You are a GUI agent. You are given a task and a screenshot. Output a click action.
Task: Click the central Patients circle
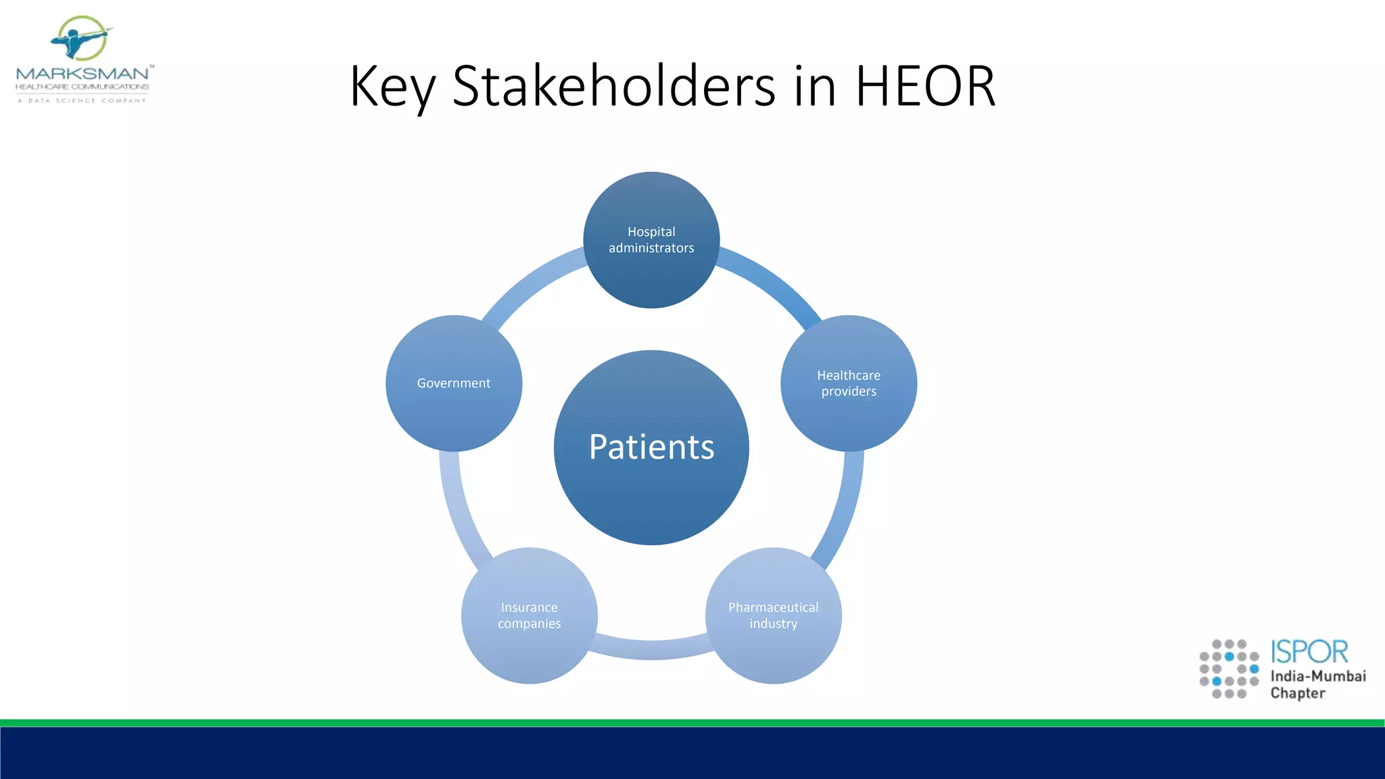651,448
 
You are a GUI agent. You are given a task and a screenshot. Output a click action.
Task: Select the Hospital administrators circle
651,240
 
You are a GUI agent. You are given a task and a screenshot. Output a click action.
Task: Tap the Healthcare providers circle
849,383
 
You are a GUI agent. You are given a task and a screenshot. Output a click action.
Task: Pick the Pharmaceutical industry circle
773,615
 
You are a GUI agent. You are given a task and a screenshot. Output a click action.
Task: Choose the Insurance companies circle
530,615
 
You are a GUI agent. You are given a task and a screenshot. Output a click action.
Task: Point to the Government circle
454,383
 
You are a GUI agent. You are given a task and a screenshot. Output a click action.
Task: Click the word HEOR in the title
925,86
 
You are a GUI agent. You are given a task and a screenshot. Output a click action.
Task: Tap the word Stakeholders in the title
613,86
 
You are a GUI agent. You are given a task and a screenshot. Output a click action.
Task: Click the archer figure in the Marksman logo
80,39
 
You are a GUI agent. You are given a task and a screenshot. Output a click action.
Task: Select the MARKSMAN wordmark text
83,73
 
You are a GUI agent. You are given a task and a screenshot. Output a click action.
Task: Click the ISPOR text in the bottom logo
1309,652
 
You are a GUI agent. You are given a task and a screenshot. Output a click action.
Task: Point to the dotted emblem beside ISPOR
1229,669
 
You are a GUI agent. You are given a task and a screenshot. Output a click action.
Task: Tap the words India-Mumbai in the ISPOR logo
1317,676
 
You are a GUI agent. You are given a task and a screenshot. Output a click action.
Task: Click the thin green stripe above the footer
692,723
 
